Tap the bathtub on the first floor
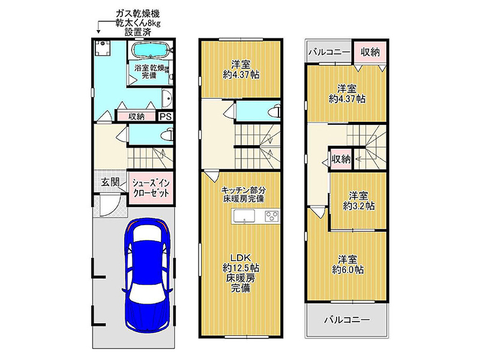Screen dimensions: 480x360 point(151,50)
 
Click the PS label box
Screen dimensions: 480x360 point(166,116)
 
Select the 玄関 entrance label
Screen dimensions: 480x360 point(110,183)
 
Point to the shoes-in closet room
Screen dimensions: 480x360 point(151,188)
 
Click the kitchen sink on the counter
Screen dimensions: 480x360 point(244,217)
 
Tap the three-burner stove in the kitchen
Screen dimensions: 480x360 point(271,217)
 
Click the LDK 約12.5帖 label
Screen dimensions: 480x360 point(241,263)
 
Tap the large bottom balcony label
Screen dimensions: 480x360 point(347,320)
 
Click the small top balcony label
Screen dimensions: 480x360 point(329,52)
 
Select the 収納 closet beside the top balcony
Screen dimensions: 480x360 point(370,52)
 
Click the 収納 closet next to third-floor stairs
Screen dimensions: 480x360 point(341,159)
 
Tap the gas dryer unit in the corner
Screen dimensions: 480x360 point(102,48)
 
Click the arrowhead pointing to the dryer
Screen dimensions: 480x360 point(98,31)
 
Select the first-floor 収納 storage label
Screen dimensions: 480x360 point(136,116)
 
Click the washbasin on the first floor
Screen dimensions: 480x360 point(167,98)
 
